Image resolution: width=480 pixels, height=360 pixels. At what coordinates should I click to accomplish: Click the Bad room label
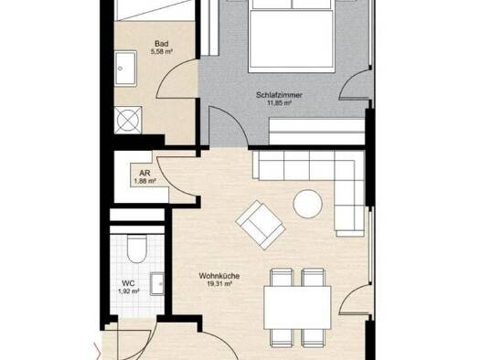click(x=161, y=44)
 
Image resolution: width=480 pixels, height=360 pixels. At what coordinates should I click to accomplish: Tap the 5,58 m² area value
click(x=161, y=52)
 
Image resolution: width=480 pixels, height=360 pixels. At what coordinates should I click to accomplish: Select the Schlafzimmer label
click(x=279, y=95)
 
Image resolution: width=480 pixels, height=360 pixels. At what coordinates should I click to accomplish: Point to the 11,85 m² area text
click(x=279, y=103)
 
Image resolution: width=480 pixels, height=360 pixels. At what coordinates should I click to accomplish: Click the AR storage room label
click(x=144, y=174)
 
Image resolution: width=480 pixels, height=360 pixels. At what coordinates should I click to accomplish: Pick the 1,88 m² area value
click(x=144, y=182)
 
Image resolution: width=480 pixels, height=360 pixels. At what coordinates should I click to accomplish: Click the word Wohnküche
click(x=219, y=276)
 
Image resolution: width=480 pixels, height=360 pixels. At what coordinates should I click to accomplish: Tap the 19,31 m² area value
click(x=219, y=284)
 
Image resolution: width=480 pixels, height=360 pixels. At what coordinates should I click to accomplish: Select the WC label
click(x=128, y=283)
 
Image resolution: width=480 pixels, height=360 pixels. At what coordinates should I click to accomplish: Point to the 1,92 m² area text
click(x=129, y=291)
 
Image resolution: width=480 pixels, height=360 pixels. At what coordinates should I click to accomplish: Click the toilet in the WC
click(x=136, y=249)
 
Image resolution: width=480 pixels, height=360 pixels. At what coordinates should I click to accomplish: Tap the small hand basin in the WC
click(x=157, y=284)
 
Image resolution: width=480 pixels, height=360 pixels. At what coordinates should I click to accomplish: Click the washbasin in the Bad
click(x=125, y=69)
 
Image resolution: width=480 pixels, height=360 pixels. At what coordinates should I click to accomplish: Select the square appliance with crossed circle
click(x=128, y=120)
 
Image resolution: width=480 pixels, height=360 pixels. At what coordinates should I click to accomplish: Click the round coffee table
click(x=307, y=204)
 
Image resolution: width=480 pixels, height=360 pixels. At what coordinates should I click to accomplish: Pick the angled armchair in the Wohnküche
click(x=261, y=225)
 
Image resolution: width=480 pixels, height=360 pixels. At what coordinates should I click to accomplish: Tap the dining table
click(x=297, y=307)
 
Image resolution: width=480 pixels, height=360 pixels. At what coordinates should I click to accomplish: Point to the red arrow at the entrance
click(x=98, y=352)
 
